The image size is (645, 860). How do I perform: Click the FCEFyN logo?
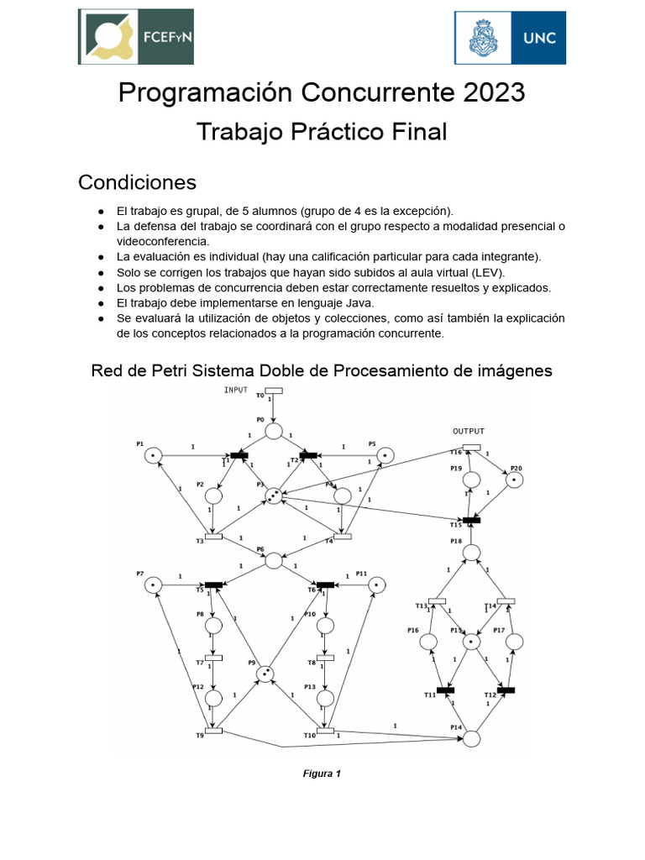(x=135, y=37)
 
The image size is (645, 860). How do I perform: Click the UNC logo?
(x=510, y=37)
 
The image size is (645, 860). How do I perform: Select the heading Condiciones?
(x=137, y=181)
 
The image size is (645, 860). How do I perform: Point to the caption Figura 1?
(x=322, y=774)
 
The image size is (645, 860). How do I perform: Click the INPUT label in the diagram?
(x=236, y=391)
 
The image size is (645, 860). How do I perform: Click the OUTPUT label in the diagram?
(x=469, y=431)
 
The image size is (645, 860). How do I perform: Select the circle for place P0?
(x=274, y=431)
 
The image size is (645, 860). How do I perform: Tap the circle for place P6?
(x=274, y=560)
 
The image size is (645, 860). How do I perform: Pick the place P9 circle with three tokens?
(x=265, y=674)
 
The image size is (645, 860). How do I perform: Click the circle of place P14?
(x=471, y=738)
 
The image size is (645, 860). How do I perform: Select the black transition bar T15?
(x=471, y=520)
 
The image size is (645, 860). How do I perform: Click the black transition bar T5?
(x=214, y=585)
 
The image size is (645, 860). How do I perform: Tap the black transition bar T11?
(x=445, y=690)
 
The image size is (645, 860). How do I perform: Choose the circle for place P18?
(x=471, y=552)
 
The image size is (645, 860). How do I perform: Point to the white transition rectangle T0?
(x=274, y=391)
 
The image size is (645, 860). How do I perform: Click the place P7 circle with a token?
(x=152, y=584)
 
